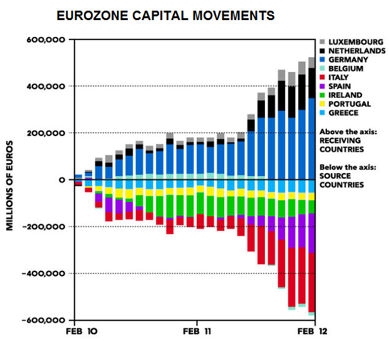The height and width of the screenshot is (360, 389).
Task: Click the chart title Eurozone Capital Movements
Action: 165,15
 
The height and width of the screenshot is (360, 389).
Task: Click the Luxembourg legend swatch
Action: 323,42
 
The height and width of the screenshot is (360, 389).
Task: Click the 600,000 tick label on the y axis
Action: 46,40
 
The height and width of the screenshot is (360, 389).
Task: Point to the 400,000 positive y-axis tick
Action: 46,86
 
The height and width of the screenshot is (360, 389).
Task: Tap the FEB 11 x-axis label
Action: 198,331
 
